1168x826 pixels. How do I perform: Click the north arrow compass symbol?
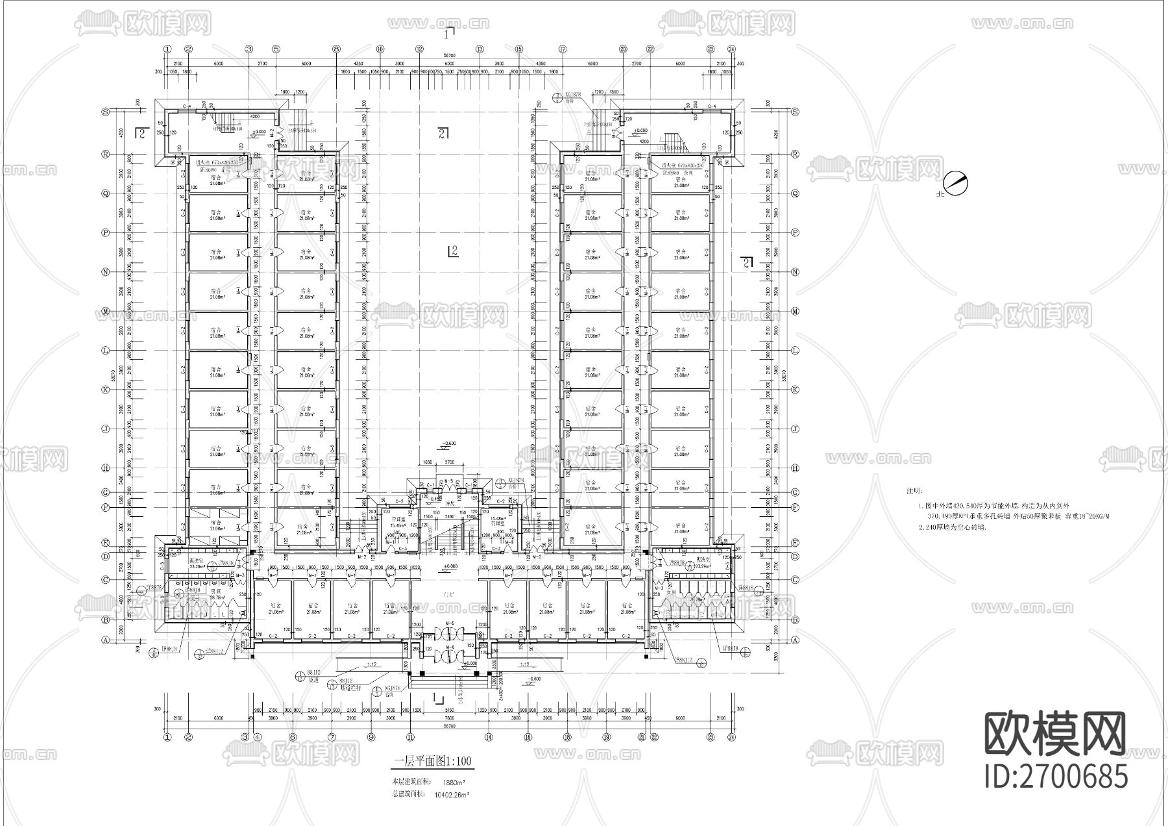tap(955, 184)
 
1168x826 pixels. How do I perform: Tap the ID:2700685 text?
tap(1056, 776)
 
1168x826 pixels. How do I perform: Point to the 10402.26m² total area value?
tap(452, 794)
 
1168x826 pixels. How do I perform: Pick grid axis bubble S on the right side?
tap(795, 112)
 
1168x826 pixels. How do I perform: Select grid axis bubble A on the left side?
tap(104, 640)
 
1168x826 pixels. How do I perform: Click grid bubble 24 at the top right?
tap(731, 49)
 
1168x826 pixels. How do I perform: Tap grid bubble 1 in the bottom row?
tap(167, 737)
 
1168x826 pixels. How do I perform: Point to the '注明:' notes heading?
tap(914, 492)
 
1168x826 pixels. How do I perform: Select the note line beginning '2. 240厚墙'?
tap(952, 527)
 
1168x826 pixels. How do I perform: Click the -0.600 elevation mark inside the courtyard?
tap(448, 445)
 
